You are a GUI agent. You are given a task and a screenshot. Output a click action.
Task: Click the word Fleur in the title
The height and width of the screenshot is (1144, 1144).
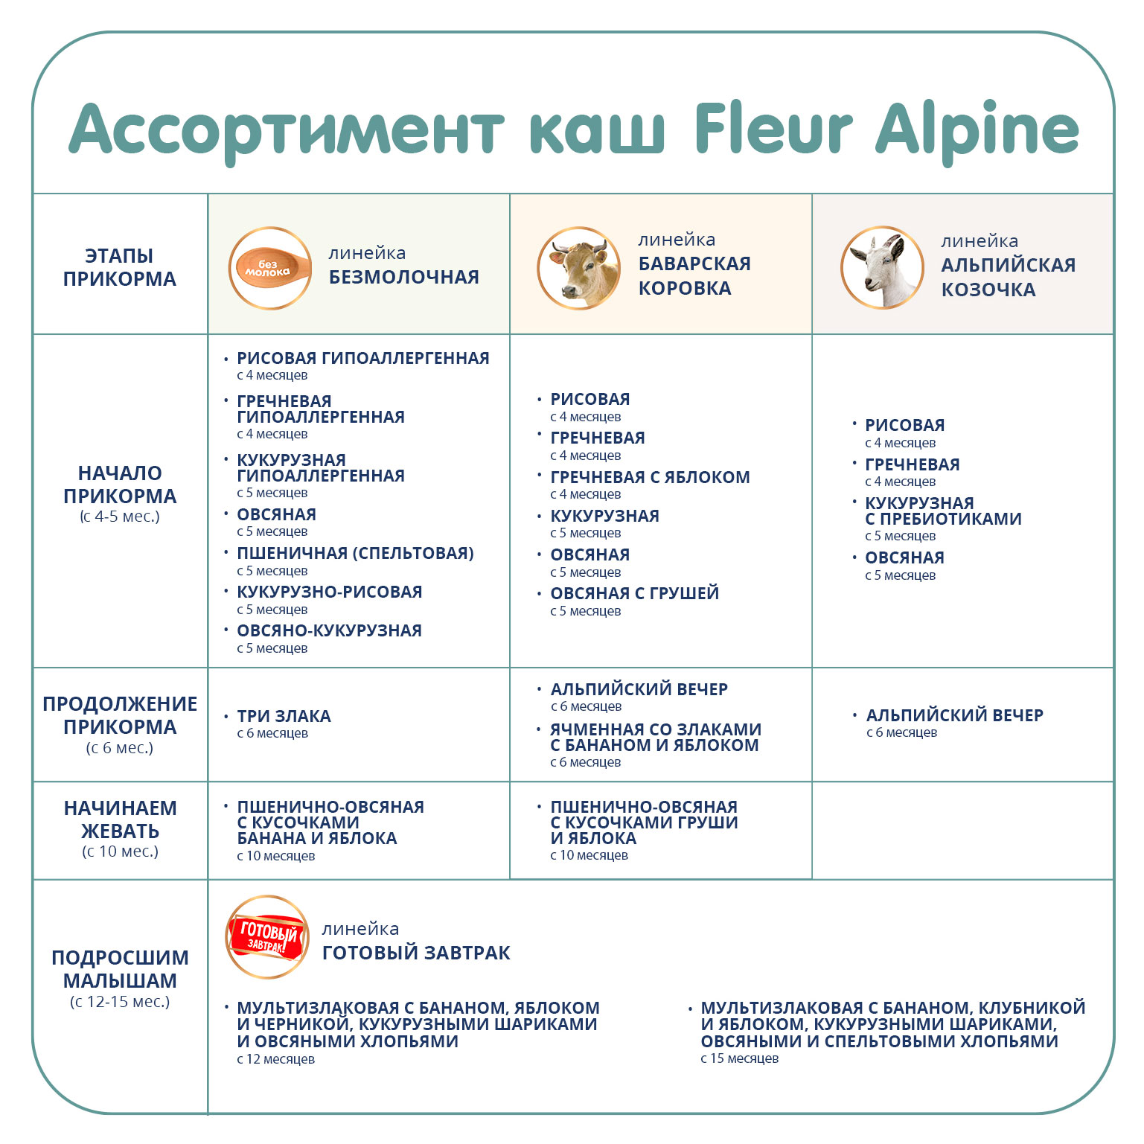click(x=773, y=127)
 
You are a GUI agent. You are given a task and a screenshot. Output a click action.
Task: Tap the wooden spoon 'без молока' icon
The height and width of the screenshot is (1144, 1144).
click(x=269, y=268)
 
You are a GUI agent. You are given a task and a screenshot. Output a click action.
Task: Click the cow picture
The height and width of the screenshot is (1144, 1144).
click(x=578, y=268)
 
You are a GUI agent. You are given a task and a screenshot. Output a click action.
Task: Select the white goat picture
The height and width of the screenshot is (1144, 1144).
click(x=882, y=268)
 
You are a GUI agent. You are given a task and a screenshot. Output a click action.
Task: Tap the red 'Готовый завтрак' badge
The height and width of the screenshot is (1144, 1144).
click(x=267, y=936)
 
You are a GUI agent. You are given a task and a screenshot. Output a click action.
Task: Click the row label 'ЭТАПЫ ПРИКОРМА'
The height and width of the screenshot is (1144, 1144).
click(x=120, y=267)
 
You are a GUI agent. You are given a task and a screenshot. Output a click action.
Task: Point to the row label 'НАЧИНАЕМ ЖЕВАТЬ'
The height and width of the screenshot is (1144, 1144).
click(x=120, y=819)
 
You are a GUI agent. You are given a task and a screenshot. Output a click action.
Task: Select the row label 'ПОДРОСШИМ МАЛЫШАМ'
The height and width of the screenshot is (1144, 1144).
click(x=120, y=969)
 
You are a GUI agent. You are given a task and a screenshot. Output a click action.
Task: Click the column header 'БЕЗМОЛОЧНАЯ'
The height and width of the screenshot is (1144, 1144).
click(x=404, y=277)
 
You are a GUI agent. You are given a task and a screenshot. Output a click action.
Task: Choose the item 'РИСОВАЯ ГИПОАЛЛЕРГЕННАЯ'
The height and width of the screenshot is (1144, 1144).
click(x=363, y=358)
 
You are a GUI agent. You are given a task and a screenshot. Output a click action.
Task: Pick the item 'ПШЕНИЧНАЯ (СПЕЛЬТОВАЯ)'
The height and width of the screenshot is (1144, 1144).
click(x=355, y=553)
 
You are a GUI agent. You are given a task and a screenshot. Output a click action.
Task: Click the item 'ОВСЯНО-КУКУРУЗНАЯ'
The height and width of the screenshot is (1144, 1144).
click(x=330, y=630)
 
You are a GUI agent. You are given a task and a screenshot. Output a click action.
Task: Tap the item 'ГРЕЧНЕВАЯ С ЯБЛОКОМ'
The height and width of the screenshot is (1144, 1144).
click(x=650, y=477)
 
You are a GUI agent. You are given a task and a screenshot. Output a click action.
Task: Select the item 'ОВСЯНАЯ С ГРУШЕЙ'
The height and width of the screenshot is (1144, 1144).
click(x=635, y=593)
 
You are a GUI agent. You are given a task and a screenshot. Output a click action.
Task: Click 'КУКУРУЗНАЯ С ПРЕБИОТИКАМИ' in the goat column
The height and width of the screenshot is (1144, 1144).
click(x=943, y=511)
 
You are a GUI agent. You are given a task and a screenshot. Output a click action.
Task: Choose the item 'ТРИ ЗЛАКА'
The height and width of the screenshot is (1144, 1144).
click(x=284, y=716)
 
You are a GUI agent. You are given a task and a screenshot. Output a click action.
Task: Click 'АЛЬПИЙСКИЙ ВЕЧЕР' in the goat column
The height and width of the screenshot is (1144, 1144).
click(x=954, y=715)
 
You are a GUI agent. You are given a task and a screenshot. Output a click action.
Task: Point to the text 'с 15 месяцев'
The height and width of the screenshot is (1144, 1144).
click(x=739, y=1058)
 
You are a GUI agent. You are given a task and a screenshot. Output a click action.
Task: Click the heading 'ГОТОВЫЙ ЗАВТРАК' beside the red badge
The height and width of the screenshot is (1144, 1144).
click(x=416, y=953)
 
